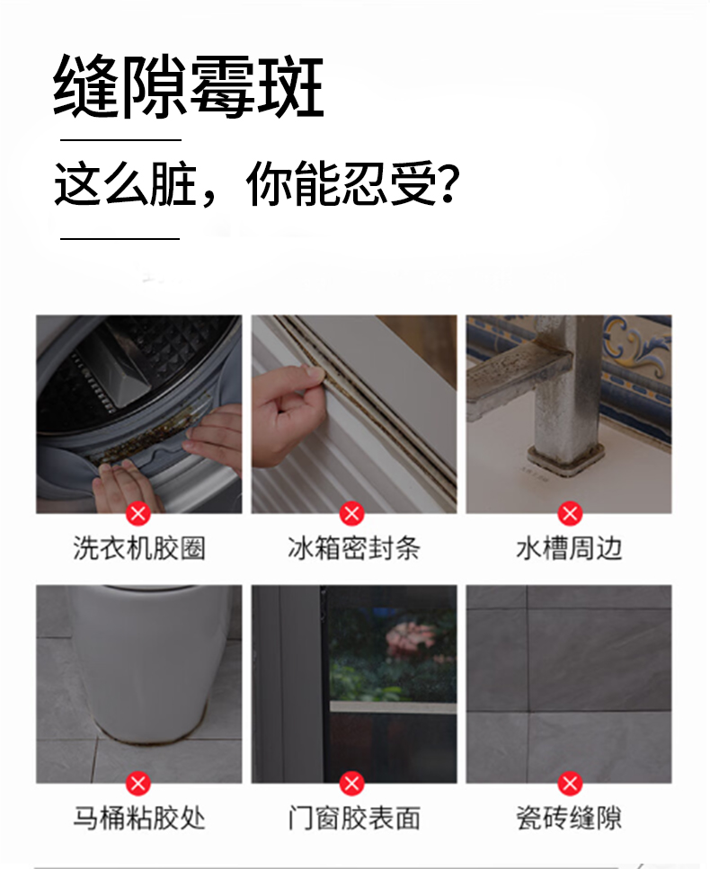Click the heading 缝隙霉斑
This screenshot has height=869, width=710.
pyautogui.click(x=189, y=86)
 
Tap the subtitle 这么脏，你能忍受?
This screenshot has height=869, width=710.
pyautogui.click(x=257, y=183)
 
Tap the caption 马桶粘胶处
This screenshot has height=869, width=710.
pyautogui.click(x=139, y=818)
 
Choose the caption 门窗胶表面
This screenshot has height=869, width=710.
pyautogui.click(x=353, y=818)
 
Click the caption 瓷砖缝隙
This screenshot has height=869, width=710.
pyautogui.click(x=569, y=818)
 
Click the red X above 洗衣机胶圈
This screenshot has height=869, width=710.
pyautogui.click(x=138, y=514)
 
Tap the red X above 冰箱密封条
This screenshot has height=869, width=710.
pyautogui.click(x=352, y=514)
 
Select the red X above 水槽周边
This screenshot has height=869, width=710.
pyautogui.click(x=570, y=514)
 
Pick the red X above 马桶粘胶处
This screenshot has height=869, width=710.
pyautogui.click(x=138, y=784)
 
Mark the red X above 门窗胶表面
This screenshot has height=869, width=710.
pyautogui.click(x=352, y=784)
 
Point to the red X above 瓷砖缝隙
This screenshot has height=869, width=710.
pyautogui.click(x=570, y=784)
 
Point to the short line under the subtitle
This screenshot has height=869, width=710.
pyautogui.click(x=120, y=239)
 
